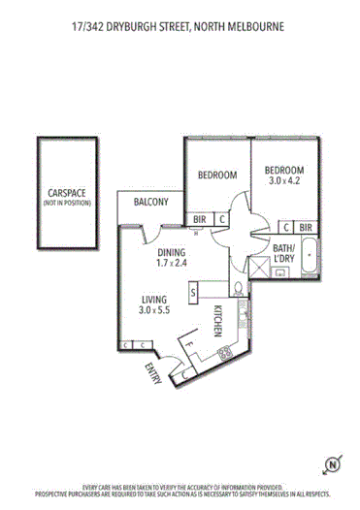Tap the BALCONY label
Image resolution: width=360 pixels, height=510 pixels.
[151, 203]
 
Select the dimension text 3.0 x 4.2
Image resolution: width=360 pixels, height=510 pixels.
[291, 180]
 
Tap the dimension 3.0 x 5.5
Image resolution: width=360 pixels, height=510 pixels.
[155, 311]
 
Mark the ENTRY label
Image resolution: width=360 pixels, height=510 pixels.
[152, 373]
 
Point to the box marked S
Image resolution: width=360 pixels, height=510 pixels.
[194, 291]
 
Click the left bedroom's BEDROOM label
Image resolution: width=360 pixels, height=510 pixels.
[217, 175]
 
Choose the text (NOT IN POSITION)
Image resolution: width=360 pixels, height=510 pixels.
[64, 203]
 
